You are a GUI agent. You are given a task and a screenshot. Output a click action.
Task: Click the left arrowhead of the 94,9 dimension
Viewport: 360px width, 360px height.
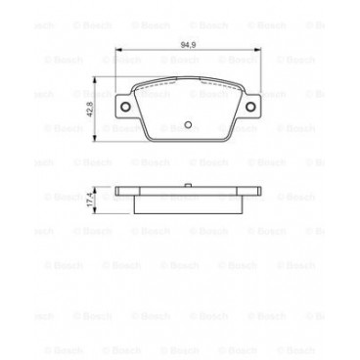116,51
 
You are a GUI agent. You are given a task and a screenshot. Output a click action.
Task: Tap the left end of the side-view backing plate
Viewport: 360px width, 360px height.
118,193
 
